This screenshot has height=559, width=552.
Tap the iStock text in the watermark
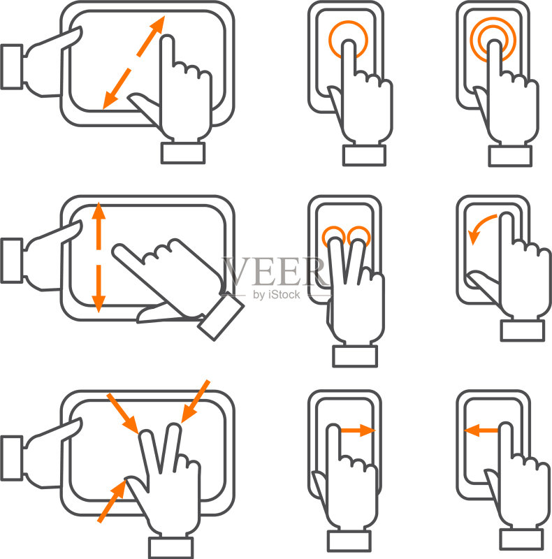284,294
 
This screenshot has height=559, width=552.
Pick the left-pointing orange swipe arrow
481,430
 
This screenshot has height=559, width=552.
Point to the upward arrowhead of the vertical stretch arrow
99,211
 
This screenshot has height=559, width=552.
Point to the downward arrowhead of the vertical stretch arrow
99,304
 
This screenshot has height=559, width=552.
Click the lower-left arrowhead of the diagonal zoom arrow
110,100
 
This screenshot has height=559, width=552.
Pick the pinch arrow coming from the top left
122,414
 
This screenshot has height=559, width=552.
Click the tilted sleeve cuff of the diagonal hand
221,317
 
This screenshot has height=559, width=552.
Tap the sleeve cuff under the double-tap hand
510,156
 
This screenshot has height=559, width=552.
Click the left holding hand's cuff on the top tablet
12,66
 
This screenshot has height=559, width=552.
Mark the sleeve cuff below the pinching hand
170,548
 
